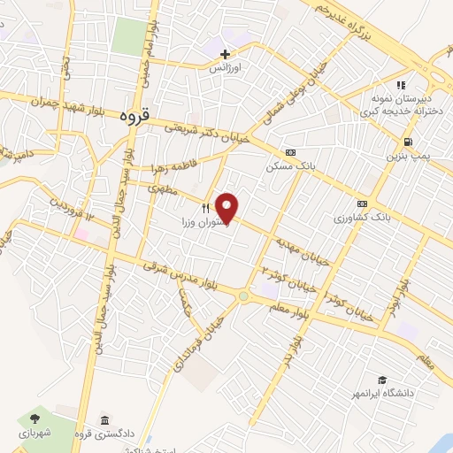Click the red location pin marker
point(228,207)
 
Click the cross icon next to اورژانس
point(226,53)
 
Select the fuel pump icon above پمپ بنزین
point(407,142)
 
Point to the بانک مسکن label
point(290,165)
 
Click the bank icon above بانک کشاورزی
point(363,202)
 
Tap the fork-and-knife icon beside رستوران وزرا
point(204,208)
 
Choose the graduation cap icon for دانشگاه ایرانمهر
point(381,378)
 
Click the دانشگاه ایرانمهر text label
point(415,388)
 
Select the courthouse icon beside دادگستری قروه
point(104,418)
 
